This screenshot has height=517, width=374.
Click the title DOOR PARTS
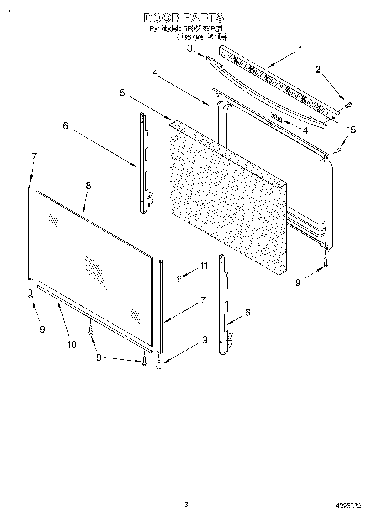point(184,18)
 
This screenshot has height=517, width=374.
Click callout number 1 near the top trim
point(300,49)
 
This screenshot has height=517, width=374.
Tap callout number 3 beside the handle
point(190,49)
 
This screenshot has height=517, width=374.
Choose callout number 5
point(122,93)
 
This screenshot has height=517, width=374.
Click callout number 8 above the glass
point(88,186)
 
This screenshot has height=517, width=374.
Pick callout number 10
point(72,344)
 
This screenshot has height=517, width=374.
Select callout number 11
point(203,266)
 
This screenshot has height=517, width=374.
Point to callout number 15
point(351,130)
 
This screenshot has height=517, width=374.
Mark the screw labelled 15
point(339,149)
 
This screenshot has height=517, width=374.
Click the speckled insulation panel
point(225,196)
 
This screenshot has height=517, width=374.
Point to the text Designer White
point(202,37)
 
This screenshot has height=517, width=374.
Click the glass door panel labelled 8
point(92,259)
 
